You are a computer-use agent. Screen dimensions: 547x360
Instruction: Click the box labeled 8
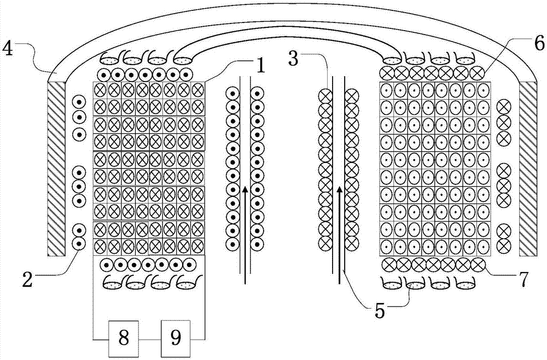[x=124, y=338]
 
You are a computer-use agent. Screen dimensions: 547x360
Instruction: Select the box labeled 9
[x=176, y=338]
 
